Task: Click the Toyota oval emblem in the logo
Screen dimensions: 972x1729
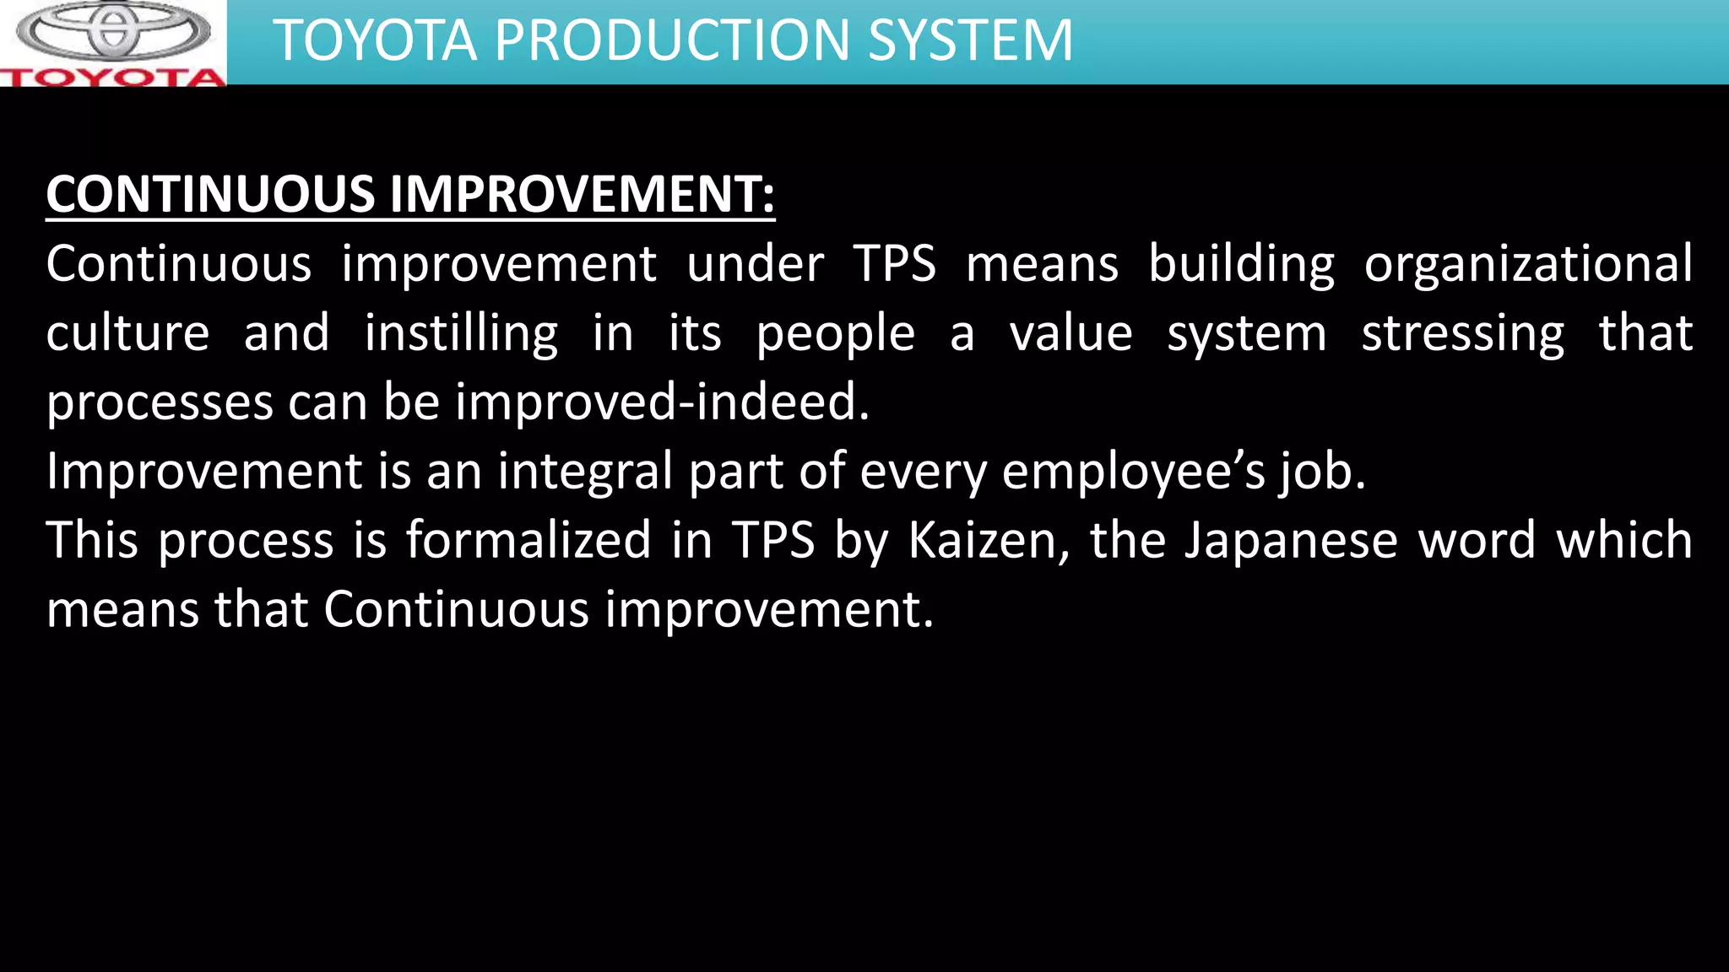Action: (x=113, y=30)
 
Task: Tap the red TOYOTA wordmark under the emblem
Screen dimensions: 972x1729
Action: (x=113, y=78)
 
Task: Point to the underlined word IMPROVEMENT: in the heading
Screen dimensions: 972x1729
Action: (x=582, y=194)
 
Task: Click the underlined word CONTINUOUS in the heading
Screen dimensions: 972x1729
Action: (x=210, y=194)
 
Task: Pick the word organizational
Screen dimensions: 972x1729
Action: (x=1528, y=264)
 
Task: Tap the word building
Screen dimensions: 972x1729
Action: (x=1241, y=264)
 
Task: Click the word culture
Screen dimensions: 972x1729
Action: (x=127, y=333)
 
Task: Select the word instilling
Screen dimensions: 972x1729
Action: (x=461, y=333)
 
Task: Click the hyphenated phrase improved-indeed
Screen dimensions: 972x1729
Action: (x=662, y=402)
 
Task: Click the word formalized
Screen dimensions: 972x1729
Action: (x=528, y=541)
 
